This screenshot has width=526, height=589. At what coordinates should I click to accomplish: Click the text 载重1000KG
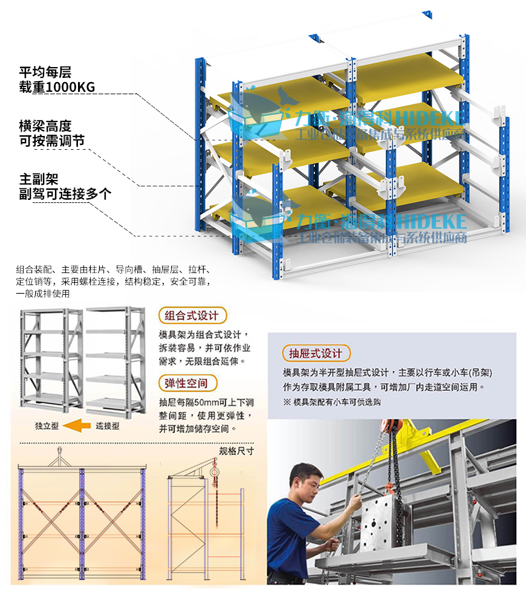coord(57,87)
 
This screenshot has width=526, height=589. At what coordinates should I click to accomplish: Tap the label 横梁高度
coord(45,126)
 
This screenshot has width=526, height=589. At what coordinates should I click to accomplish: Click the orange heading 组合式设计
coord(192,315)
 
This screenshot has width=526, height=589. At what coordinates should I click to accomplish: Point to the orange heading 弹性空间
coord(187,383)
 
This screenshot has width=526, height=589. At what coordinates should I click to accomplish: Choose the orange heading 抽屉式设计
coord(316,353)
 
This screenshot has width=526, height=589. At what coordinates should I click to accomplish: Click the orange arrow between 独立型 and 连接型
coord(77,426)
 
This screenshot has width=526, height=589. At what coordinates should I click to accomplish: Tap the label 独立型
coord(47,426)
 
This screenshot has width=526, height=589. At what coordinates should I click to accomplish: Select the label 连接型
coord(108,426)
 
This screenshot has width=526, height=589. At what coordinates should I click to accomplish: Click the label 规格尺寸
coord(236,451)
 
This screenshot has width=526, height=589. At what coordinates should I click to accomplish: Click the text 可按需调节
coord(52,141)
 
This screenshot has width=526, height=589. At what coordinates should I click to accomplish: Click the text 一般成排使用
coord(43,294)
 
